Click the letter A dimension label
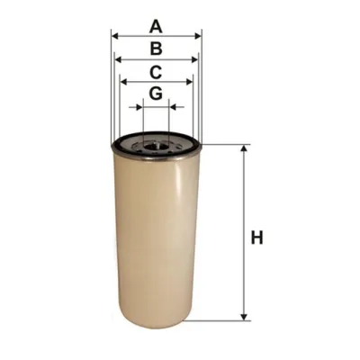point(156,26)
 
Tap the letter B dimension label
point(156,49)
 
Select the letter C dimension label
point(156,72)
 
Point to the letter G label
point(156,94)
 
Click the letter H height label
point(256,238)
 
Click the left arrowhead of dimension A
point(114,36)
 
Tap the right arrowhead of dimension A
point(198,36)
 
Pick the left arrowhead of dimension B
point(119,59)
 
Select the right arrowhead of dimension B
point(194,59)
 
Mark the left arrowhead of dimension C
point(123,82)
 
